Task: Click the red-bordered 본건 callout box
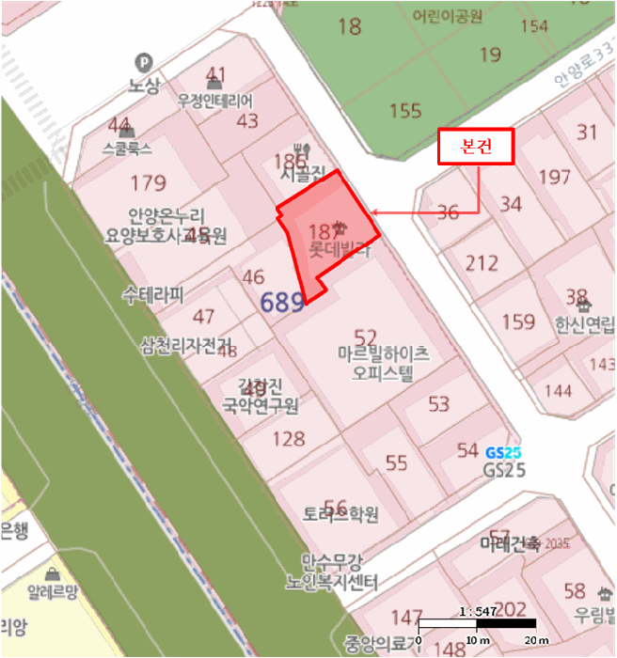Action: coord(475,148)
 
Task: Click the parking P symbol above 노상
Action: coord(144,60)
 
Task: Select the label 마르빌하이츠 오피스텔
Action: coord(384,364)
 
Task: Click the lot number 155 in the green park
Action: coord(405,111)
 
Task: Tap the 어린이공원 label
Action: coord(447,16)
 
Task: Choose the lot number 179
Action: coord(149,183)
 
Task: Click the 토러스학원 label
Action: coord(340,515)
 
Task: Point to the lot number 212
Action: coord(483,262)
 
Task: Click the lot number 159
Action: coord(518,322)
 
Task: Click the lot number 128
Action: coord(288,438)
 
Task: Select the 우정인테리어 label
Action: coord(216,102)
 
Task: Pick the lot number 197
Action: coord(555,177)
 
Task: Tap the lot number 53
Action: coord(438,404)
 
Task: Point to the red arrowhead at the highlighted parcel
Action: coord(374,213)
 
